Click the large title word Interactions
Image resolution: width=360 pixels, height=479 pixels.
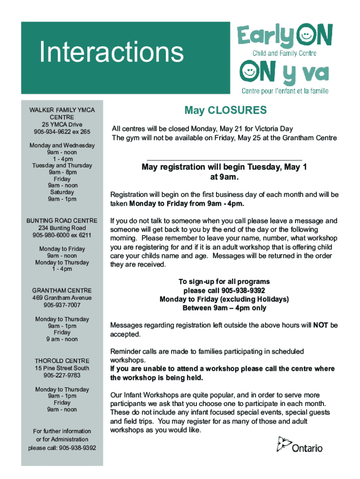[112, 52]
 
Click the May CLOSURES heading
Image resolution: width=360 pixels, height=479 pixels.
[225, 110]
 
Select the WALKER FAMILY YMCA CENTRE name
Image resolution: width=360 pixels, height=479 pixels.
[62, 113]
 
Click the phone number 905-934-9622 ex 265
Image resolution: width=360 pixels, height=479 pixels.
[62, 131]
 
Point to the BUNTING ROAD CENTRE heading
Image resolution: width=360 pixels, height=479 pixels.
[62, 220]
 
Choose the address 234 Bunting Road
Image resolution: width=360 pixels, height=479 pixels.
[62, 228]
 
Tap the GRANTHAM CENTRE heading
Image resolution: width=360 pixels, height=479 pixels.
[62, 290]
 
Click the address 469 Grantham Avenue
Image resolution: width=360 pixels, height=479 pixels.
[62, 298]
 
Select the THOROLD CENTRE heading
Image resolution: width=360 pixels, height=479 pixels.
[62, 361]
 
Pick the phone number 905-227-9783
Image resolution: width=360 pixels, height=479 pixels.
[62, 375]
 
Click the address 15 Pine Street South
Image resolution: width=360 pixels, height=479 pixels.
[62, 368]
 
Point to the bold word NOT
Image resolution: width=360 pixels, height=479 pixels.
[320, 325]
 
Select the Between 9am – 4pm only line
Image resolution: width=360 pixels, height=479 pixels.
[224, 308]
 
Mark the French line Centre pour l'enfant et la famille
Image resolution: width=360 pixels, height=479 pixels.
[285, 90]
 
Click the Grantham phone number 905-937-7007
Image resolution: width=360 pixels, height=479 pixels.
[62, 305]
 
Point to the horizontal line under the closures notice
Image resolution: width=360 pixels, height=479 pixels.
[224, 160]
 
